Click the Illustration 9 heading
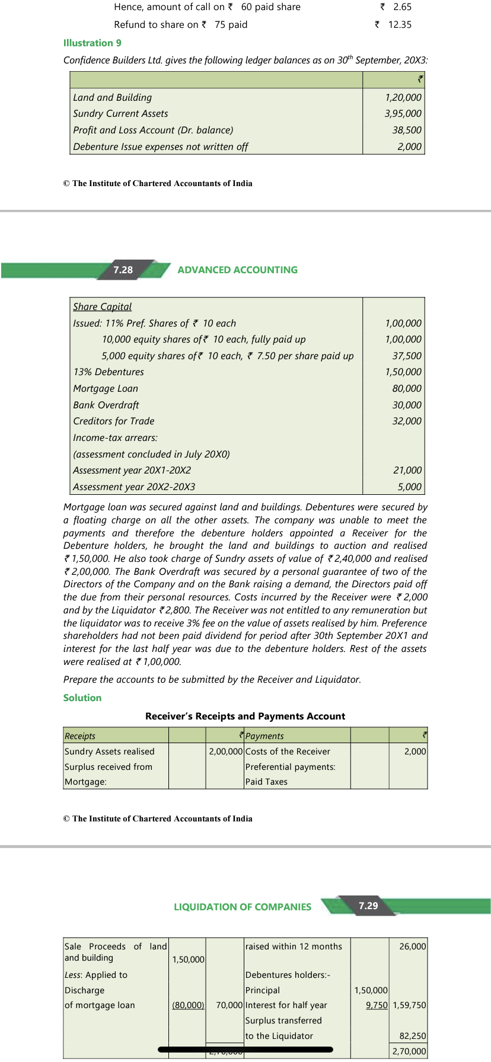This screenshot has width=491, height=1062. point(93,43)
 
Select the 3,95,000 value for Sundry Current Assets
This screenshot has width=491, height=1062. point(403,113)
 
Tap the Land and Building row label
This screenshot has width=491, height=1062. point(112,97)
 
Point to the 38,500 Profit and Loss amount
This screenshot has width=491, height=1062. point(407,130)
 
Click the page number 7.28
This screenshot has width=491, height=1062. point(123,270)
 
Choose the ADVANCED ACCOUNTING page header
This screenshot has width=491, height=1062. point(237,270)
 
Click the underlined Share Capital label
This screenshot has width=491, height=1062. point(102,306)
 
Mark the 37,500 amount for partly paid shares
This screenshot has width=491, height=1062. point(407,356)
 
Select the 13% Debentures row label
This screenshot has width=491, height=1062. point(108,372)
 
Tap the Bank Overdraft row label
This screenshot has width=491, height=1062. point(106,405)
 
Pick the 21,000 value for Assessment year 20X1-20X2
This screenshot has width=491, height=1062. point(407,470)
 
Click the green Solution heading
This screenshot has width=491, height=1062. point(82,698)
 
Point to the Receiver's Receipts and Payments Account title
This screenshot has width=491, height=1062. point(245,716)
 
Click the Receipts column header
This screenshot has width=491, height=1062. point(80,735)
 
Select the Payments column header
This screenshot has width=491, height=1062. point(264,735)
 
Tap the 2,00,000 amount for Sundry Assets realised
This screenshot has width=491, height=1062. point(225,751)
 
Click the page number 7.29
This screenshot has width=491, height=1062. point(368,906)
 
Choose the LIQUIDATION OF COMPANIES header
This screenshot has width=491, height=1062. point(242,907)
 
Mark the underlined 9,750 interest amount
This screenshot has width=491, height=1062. point(377,1005)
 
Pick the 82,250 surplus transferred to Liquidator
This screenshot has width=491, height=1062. point(413,1036)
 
